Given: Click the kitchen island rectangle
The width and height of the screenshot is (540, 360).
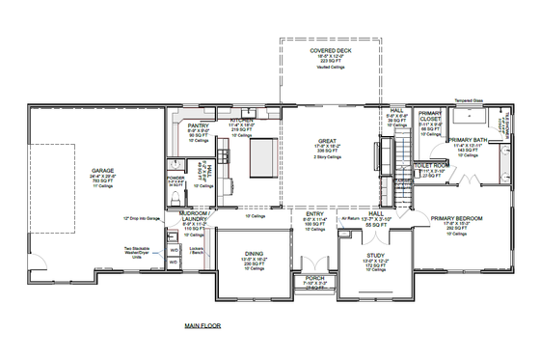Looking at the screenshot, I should (262, 154).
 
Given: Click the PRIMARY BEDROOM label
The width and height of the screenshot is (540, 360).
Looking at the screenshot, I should (459, 219).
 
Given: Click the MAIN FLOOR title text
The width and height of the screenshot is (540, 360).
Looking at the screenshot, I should (202, 327).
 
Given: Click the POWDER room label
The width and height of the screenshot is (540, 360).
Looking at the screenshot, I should (175, 179).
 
